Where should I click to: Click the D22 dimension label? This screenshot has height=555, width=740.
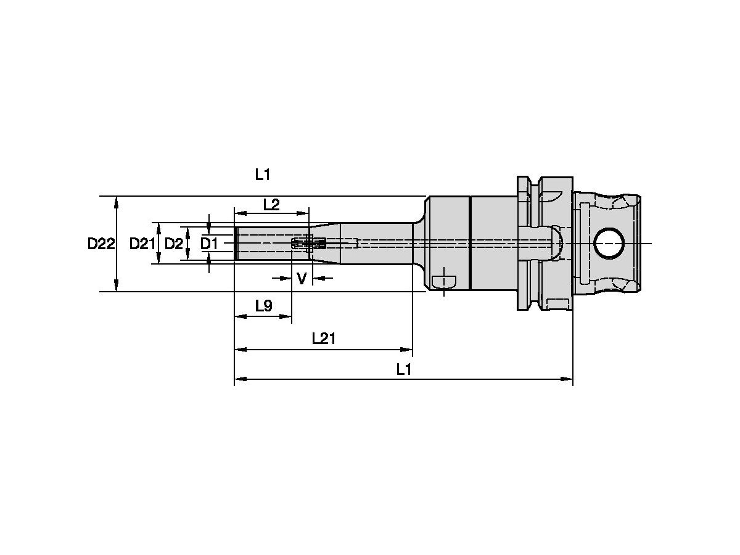click(x=101, y=244)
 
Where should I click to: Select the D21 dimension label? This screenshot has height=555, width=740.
click(x=142, y=244)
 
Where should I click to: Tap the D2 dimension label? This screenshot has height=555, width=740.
click(x=173, y=244)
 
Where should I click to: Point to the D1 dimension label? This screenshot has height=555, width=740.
click(x=209, y=244)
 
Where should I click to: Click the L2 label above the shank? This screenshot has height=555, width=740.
click(x=271, y=204)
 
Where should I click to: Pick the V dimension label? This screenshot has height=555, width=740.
click(x=302, y=279)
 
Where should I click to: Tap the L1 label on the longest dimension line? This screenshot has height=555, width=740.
click(x=404, y=369)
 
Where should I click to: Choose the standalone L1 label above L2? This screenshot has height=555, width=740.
click(x=263, y=175)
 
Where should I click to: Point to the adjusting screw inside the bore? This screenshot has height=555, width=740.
click(x=308, y=244)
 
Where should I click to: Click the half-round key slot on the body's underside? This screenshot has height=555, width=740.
click(x=444, y=281)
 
